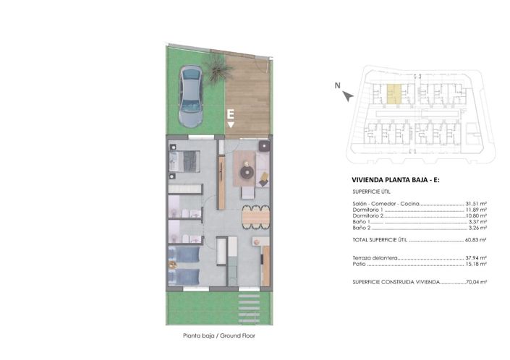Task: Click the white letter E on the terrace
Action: coord(230,113)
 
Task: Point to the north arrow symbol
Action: coord(349,95)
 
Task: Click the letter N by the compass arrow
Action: coord(337,86)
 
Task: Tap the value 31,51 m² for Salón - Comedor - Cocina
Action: coord(475,205)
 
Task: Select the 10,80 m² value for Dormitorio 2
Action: coord(475,216)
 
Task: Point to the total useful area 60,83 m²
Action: coord(475,239)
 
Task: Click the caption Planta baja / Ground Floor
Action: coord(219,335)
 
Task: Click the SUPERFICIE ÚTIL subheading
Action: coord(371,192)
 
